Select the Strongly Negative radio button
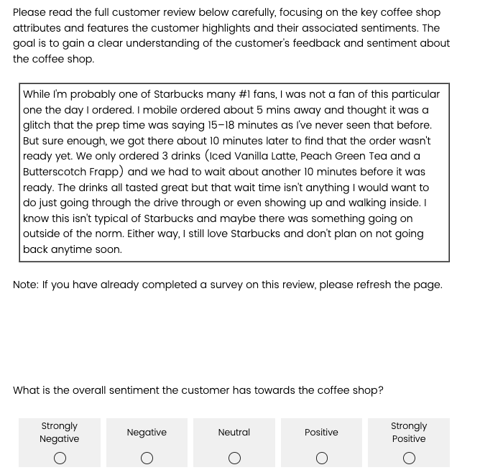click(x=60, y=458)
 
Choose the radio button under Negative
click(x=147, y=458)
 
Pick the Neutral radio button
click(x=234, y=458)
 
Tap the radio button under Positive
click(x=322, y=458)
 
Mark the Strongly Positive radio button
click(x=409, y=458)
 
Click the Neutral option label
click(x=234, y=432)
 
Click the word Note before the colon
click(x=25, y=285)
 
